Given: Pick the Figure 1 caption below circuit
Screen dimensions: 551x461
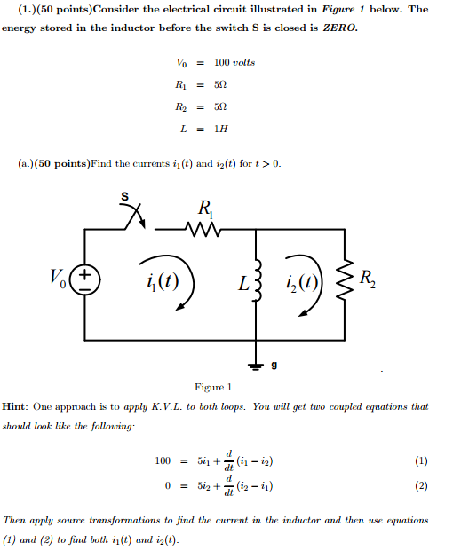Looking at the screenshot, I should point(213,387).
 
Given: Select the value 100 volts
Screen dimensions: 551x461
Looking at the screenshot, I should point(234,62).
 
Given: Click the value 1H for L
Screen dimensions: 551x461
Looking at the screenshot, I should point(221,129).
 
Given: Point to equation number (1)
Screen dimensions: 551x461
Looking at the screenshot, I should point(421,460).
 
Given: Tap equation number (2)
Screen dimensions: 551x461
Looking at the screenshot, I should point(421,486).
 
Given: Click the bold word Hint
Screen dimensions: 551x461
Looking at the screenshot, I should point(18,406).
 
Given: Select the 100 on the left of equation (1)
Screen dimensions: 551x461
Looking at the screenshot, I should point(163,460).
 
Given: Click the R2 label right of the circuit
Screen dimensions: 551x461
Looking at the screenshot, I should point(367,281).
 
